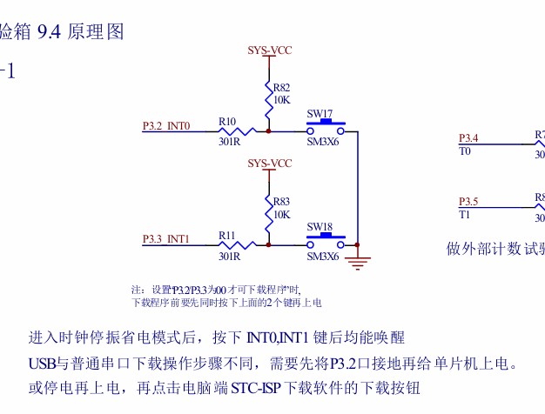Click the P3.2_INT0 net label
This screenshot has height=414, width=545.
[166, 126]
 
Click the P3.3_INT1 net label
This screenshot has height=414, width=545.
[166, 238]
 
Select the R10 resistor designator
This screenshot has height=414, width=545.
[228, 122]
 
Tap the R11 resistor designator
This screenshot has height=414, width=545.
[228, 235]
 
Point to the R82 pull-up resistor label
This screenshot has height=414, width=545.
[281, 88]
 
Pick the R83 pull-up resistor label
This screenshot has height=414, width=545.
[281, 201]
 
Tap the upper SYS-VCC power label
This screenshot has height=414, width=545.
[269, 50]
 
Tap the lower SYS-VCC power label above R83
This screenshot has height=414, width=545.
[269, 164]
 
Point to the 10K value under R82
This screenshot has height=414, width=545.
[281, 99]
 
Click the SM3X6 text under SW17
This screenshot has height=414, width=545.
[322, 143]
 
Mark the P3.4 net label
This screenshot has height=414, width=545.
[468, 138]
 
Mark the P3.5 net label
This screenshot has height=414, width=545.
[468, 202]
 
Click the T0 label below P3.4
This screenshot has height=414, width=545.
[464, 151]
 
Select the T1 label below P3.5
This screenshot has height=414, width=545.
[464, 215]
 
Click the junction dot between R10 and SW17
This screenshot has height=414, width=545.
[269, 132]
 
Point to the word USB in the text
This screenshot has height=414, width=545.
[41, 362]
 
